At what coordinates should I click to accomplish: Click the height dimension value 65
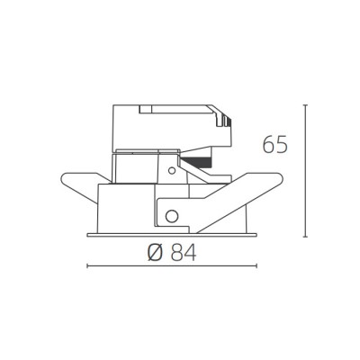tap(275, 145)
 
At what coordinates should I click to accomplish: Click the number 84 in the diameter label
tap(184, 253)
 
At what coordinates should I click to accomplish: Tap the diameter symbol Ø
tap(156, 253)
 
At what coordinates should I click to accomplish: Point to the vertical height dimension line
tap(305, 171)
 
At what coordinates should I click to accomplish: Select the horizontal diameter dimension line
tap(172, 265)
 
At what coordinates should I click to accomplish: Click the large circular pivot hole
tap(172, 216)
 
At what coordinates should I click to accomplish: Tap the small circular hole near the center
tap(172, 171)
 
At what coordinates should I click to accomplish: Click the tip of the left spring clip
tap(62, 177)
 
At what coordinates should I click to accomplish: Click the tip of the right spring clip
tap(282, 177)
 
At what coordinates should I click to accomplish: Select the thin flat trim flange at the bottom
tap(172, 235)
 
